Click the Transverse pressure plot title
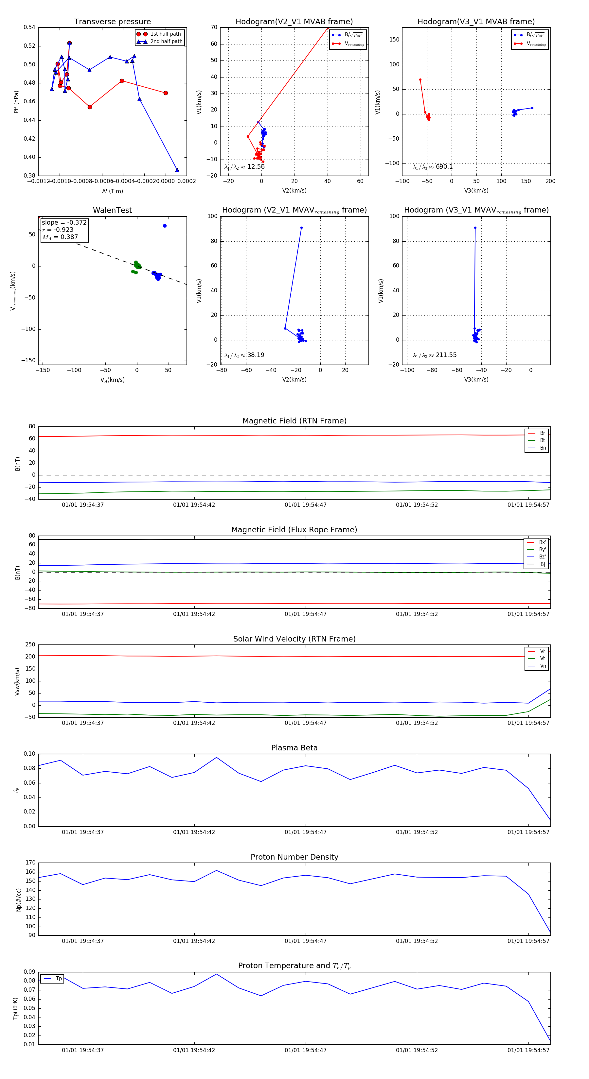112,22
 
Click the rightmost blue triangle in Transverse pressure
177,170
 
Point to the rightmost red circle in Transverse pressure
166,93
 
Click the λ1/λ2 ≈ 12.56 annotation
244,167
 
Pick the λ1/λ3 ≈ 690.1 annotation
433,167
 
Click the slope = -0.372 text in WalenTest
64,222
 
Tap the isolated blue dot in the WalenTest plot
165,226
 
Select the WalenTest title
112,210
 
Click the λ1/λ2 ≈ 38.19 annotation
244,355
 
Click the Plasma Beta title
294,748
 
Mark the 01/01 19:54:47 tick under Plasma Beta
306,832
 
